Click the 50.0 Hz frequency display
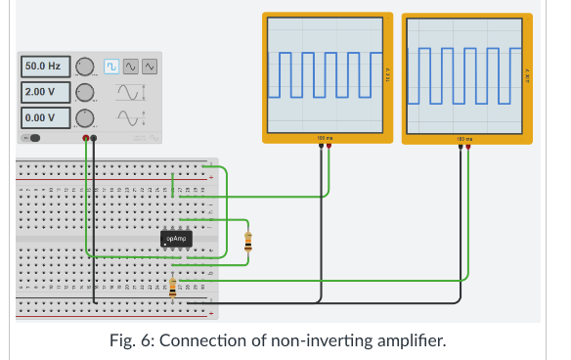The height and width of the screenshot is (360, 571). [43, 67]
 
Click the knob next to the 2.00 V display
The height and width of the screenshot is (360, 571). [84, 92]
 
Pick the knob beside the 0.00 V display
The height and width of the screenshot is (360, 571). [84, 117]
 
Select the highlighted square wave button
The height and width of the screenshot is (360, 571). [111, 66]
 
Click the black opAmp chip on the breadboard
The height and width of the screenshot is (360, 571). [177, 238]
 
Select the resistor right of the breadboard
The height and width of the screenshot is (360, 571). [247, 241]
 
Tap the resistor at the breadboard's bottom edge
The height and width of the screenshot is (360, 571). [173, 289]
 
